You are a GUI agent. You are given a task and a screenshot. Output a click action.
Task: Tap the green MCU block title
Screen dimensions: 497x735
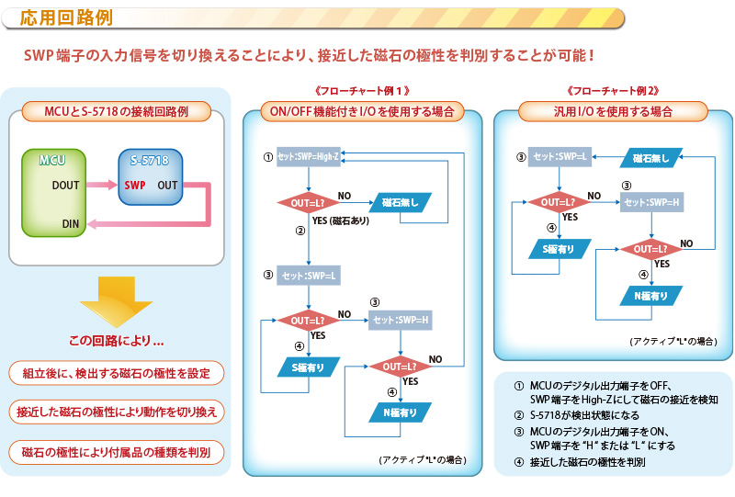[51, 161]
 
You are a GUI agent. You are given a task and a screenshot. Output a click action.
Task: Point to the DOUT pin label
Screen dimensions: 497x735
[65, 185]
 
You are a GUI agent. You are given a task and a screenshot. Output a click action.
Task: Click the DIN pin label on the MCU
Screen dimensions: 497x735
[70, 223]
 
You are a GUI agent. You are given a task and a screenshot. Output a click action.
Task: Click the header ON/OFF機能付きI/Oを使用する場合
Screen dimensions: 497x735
[362, 112]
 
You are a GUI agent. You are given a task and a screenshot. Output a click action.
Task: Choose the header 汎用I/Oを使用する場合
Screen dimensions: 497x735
[613, 112]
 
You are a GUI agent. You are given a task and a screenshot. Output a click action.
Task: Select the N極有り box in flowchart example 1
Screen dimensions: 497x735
[400, 412]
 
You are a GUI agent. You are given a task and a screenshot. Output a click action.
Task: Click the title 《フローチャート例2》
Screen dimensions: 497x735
[614, 92]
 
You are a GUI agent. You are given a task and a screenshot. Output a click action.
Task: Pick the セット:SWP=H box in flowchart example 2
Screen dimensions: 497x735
[650, 202]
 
